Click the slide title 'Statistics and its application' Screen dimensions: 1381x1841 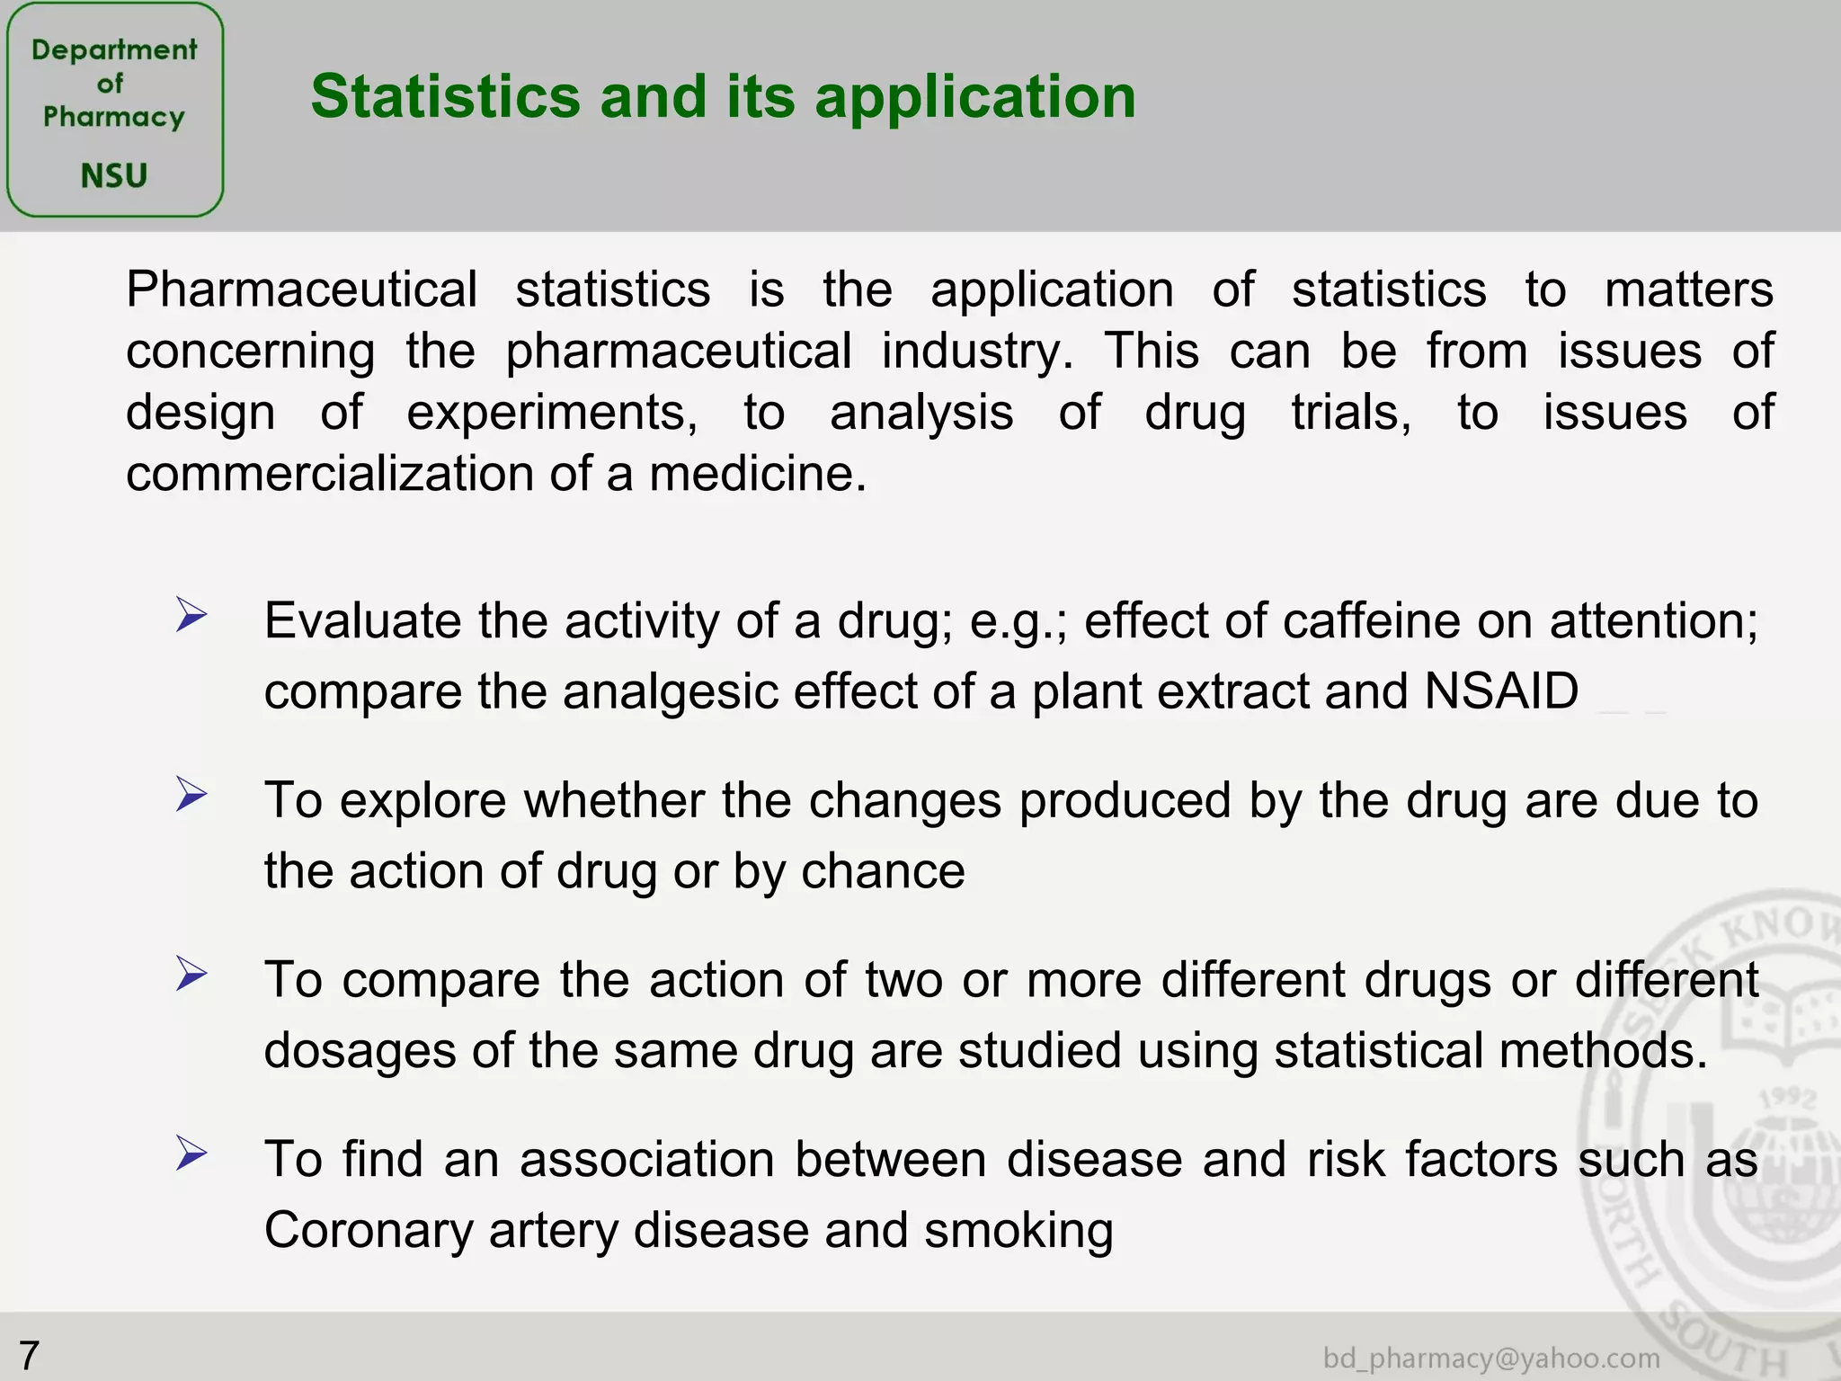[x=723, y=96]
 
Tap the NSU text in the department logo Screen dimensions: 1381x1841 [x=114, y=175]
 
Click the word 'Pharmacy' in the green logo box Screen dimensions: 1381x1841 [x=114, y=117]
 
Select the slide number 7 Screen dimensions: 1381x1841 [x=29, y=1355]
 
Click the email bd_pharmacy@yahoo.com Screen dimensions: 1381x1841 [x=1491, y=1358]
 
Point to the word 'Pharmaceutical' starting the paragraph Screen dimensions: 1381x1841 [x=301, y=290]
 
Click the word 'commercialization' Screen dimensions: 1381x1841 [x=330, y=474]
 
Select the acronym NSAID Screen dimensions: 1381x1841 [x=1501, y=690]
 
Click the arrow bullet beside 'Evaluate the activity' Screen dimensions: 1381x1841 [x=191, y=616]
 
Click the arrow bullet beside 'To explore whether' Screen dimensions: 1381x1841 [x=191, y=795]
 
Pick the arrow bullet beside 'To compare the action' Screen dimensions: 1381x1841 [x=191, y=974]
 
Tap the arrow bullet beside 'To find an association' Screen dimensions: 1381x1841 [x=191, y=1153]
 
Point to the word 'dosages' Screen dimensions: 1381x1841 [x=360, y=1050]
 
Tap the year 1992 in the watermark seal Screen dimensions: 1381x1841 [x=1787, y=1099]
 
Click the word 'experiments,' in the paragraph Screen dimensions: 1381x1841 [x=552, y=413]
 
